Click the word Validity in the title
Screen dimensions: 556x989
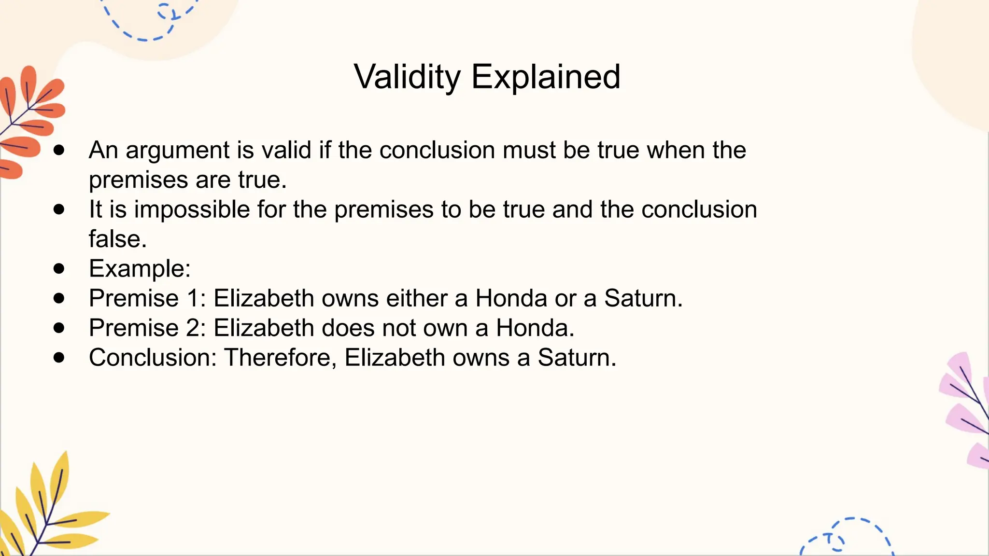(407, 77)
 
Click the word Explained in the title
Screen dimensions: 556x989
(546, 77)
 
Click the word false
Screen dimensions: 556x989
(117, 239)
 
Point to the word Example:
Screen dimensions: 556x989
(140, 269)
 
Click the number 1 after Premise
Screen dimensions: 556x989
(194, 298)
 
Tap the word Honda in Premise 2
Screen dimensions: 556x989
(535, 328)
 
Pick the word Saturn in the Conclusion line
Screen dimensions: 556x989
(577, 358)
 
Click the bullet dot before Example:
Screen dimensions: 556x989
(59, 268)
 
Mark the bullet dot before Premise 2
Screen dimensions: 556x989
(59, 328)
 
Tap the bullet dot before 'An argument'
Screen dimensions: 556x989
(59, 150)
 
